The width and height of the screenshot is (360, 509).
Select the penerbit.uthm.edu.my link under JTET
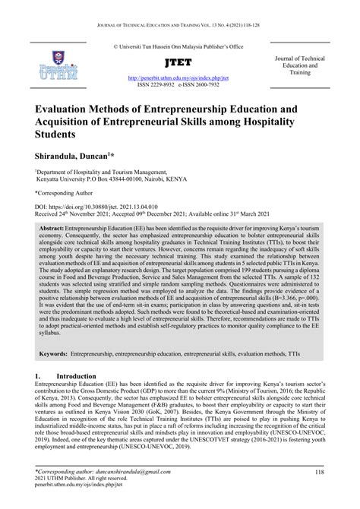[180, 77]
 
